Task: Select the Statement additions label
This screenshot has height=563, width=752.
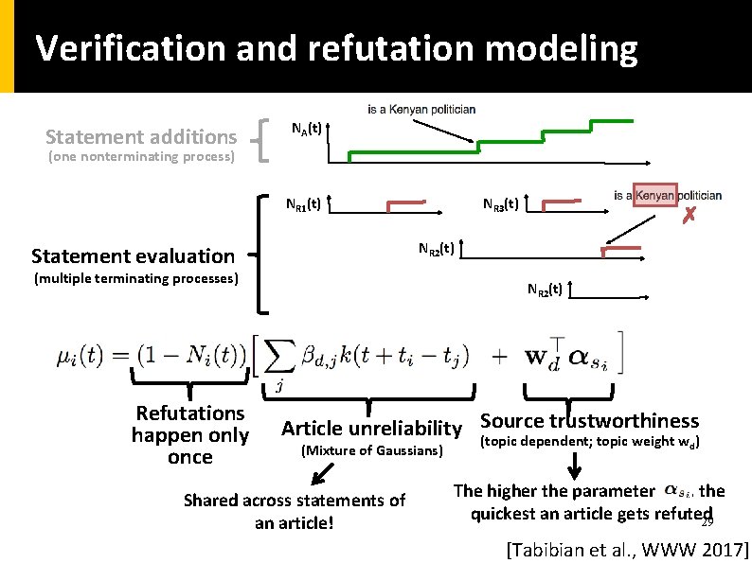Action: (x=141, y=137)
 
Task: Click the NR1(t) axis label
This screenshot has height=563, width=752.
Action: (x=304, y=202)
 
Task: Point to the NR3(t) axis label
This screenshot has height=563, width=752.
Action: (x=499, y=203)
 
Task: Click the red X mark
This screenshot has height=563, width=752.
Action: (x=690, y=216)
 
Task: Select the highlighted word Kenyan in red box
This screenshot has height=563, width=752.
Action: (x=654, y=196)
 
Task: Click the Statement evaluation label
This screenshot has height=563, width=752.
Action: (x=133, y=255)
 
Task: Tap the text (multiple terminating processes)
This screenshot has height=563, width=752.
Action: (x=135, y=278)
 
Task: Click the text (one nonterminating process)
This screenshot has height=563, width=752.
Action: (x=141, y=156)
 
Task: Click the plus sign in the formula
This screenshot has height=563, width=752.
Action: (x=503, y=358)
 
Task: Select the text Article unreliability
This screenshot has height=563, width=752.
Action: (x=370, y=428)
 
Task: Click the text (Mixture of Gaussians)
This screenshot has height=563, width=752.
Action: (x=371, y=450)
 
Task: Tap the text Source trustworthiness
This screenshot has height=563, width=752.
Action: (x=589, y=421)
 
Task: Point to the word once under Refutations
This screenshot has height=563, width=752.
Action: (x=189, y=458)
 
